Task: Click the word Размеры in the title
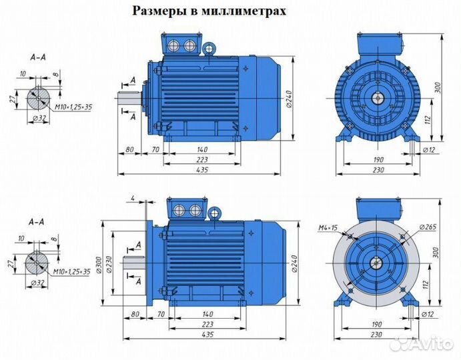(x=158, y=11)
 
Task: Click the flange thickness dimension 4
(x=133, y=197)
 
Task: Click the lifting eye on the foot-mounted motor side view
(x=209, y=49)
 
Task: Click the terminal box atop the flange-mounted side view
(x=187, y=209)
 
